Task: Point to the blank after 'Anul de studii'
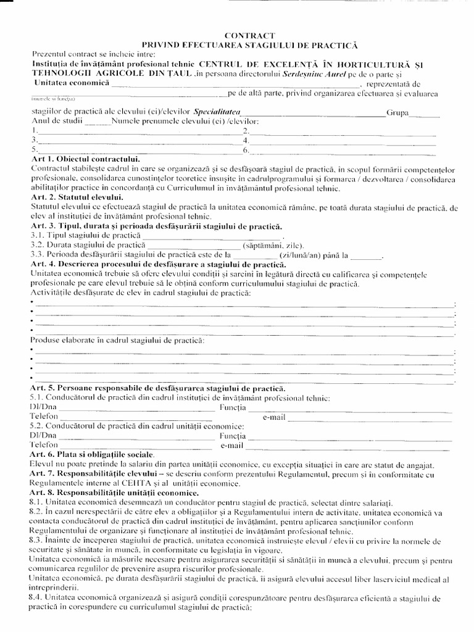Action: [x=96, y=122]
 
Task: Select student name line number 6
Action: [x=346, y=149]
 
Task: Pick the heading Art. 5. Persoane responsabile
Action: [x=158, y=389]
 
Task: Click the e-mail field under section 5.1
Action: [x=364, y=418]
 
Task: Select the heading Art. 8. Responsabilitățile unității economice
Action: [x=114, y=493]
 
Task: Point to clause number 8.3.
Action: [x=37, y=540]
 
